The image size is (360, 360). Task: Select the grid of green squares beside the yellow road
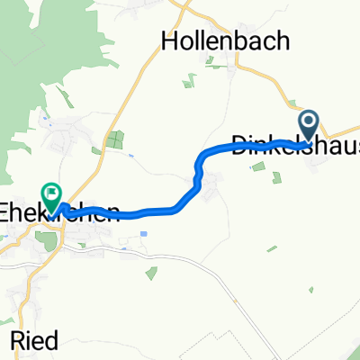[114, 139]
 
